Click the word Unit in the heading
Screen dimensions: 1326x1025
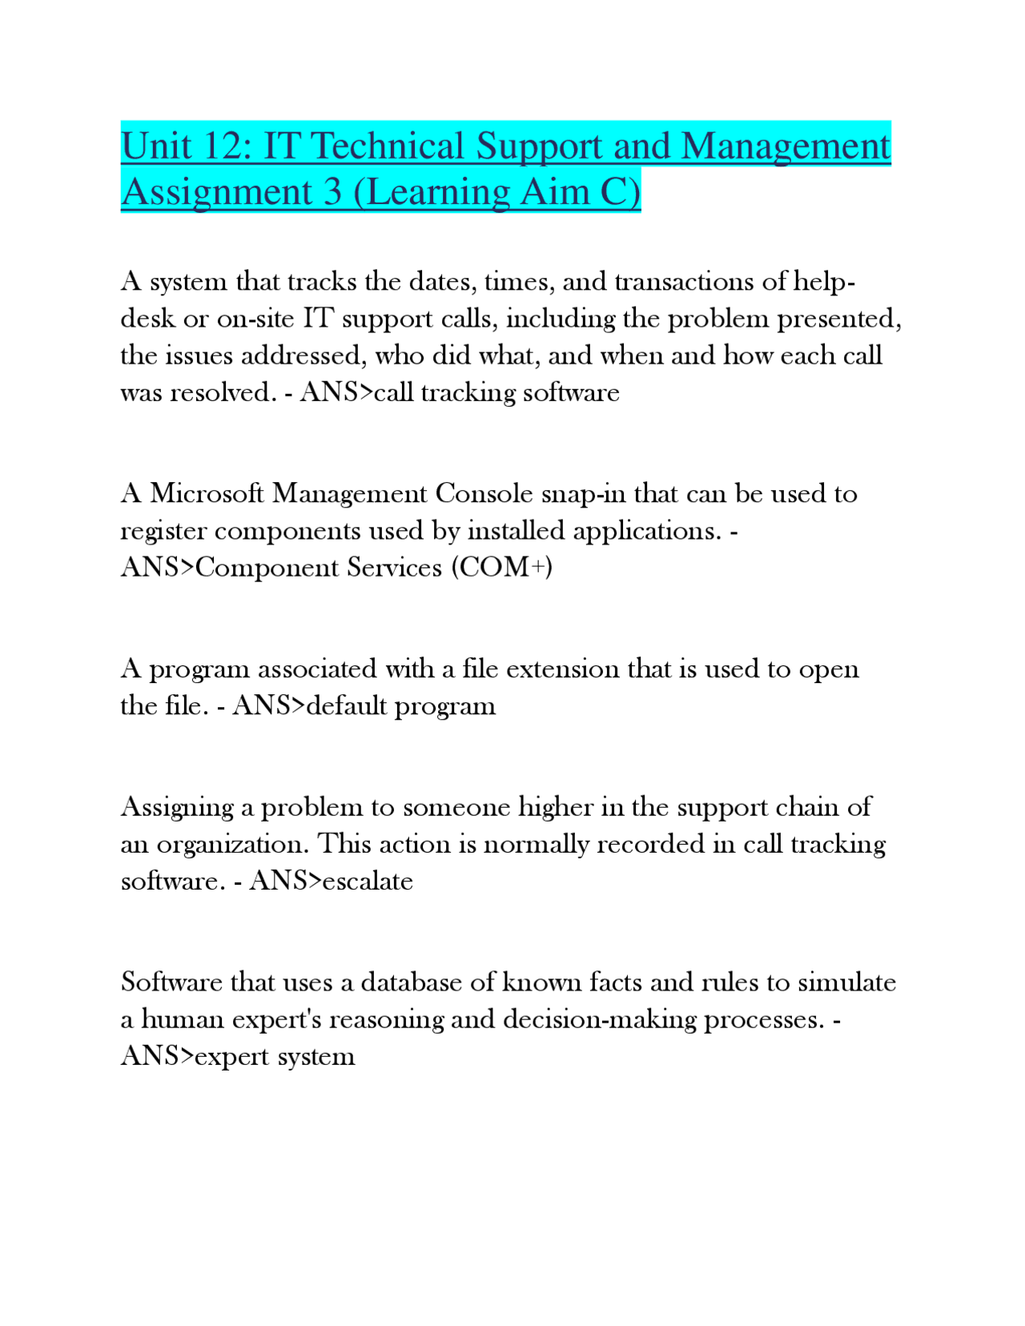(157, 147)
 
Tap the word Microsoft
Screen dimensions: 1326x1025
(207, 493)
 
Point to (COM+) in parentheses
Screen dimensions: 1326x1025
(502, 567)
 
